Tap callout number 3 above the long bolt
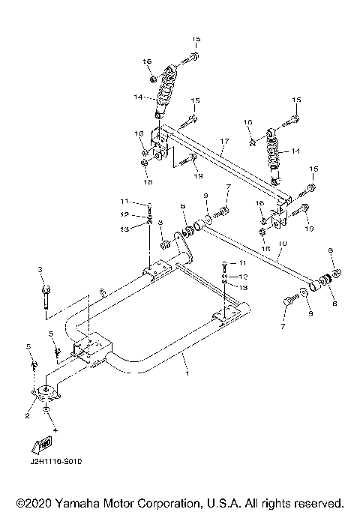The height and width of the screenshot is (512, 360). (42, 268)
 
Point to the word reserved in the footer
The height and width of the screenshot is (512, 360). (316, 502)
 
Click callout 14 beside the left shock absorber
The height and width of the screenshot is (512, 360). (137, 97)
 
